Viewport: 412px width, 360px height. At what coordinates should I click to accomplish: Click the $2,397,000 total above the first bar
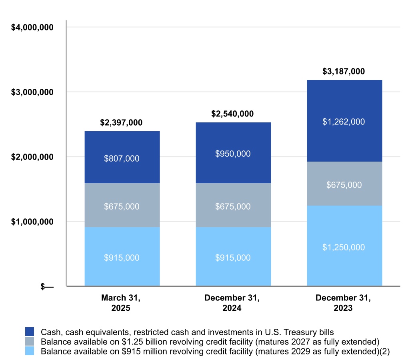click(x=122, y=122)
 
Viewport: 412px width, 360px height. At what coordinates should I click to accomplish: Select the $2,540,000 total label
click(x=232, y=114)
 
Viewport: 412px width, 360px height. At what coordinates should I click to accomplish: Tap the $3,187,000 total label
click(x=344, y=72)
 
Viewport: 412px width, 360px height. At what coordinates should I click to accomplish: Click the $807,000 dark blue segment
click(x=122, y=158)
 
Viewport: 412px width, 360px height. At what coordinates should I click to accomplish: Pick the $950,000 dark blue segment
click(x=233, y=153)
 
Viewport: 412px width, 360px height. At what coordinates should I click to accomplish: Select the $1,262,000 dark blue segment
click(x=344, y=122)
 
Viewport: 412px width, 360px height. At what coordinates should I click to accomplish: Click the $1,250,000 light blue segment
click(x=344, y=247)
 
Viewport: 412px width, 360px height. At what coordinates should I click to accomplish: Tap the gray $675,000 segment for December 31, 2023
click(x=344, y=184)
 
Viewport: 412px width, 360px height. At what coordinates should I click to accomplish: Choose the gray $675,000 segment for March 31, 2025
click(x=122, y=206)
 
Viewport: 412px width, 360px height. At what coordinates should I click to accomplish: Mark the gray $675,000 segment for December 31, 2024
click(x=233, y=206)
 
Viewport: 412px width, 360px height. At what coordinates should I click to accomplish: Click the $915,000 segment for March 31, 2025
click(x=122, y=257)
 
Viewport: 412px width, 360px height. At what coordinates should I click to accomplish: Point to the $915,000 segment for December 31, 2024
click(x=233, y=257)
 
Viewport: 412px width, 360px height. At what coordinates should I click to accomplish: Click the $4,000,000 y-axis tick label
click(x=32, y=27)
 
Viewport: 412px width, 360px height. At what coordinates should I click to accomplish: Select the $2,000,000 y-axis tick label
click(x=32, y=157)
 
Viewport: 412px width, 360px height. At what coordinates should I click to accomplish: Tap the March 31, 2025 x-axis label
click(x=122, y=303)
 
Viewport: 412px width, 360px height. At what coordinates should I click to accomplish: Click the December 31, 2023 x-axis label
click(x=344, y=303)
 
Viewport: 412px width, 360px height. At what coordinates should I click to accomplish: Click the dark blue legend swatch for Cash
click(x=30, y=332)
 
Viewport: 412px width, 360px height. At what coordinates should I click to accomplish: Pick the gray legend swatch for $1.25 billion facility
click(x=30, y=342)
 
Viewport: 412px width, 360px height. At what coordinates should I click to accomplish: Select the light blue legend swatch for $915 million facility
click(x=30, y=351)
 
